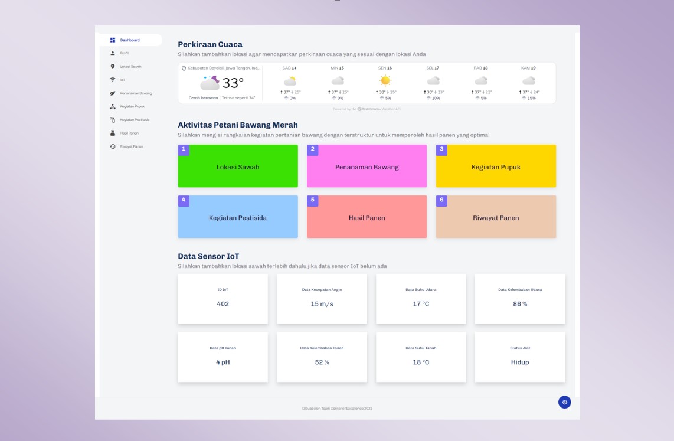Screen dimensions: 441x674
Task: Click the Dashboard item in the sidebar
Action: point(130,40)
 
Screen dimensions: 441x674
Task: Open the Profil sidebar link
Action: point(124,53)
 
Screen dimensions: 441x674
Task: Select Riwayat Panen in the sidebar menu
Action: point(131,146)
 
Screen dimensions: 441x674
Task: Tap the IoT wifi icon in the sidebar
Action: point(113,80)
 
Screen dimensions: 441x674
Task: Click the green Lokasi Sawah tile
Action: point(238,167)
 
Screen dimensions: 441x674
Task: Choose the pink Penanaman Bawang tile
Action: point(367,167)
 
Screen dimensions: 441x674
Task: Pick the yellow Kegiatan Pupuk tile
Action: point(496,167)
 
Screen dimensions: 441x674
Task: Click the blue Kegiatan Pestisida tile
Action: point(238,218)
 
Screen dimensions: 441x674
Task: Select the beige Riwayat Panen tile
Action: point(496,218)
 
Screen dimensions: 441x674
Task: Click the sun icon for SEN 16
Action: point(385,80)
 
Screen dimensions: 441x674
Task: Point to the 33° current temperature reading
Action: point(233,83)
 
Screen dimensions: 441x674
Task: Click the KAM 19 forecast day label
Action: point(528,68)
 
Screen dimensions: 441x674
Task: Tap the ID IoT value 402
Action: point(223,304)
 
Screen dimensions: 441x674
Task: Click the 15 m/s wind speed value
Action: point(322,304)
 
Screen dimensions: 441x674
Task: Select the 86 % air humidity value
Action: point(520,304)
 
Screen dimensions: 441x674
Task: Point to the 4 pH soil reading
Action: point(223,362)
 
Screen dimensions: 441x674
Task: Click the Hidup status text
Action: point(520,362)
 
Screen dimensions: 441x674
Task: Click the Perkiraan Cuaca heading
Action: point(210,44)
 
